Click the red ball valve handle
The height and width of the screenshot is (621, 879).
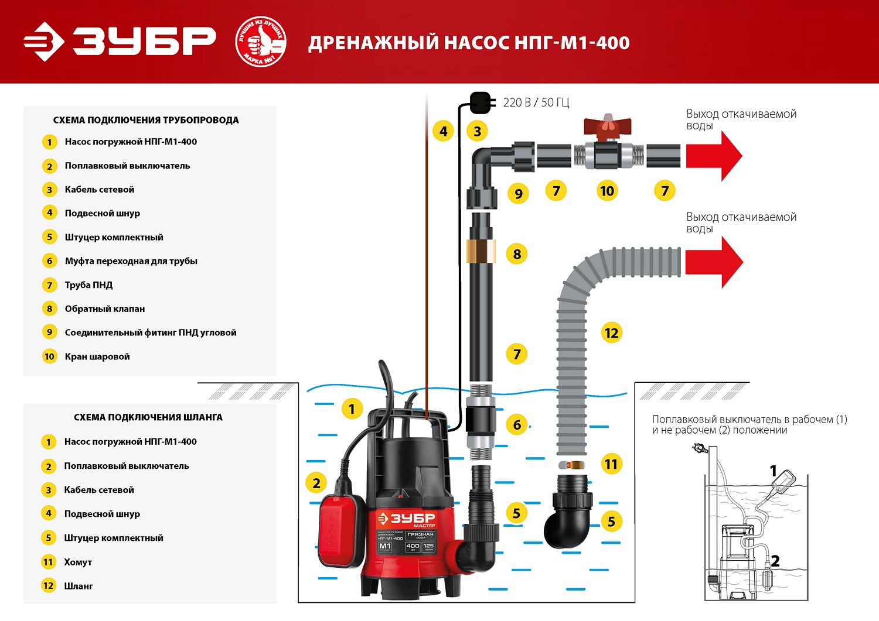607,125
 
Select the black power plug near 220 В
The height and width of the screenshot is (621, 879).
480,102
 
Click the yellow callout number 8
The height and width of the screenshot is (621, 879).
517,254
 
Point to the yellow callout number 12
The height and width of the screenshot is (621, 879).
611,333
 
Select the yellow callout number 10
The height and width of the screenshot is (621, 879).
607,191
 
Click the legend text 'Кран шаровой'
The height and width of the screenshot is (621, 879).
97,356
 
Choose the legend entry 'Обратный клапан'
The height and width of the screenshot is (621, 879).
104,308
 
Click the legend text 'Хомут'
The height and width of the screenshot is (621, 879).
78,562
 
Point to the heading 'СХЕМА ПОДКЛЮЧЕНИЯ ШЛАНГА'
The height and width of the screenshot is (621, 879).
148,417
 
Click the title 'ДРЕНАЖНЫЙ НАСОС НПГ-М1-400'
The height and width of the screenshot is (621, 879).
469,43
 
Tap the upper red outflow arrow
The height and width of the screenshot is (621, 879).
713,156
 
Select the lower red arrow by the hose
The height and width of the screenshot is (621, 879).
713,262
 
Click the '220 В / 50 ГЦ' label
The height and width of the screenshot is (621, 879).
536,102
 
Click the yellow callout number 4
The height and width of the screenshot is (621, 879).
444,131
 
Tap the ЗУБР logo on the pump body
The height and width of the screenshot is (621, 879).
407,519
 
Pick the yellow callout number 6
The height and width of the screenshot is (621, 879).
517,425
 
